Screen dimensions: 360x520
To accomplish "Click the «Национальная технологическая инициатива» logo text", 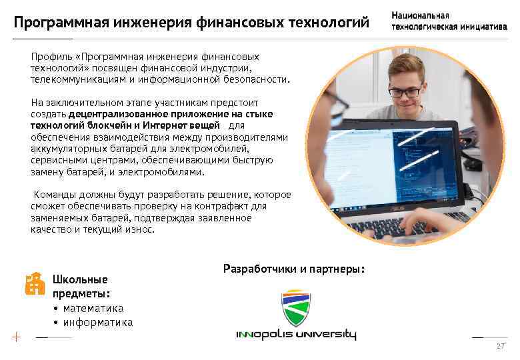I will pos(449,21).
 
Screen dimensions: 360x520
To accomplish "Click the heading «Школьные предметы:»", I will pos(81,286).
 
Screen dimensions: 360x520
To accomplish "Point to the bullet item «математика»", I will pos(93,308).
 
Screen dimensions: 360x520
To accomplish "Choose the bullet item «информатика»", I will pos(97,323).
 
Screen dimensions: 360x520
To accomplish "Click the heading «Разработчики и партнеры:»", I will pos(294,269).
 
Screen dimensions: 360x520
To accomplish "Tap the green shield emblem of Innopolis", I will pos(296,308).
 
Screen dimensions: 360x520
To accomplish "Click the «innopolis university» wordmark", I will pos(296,335).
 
